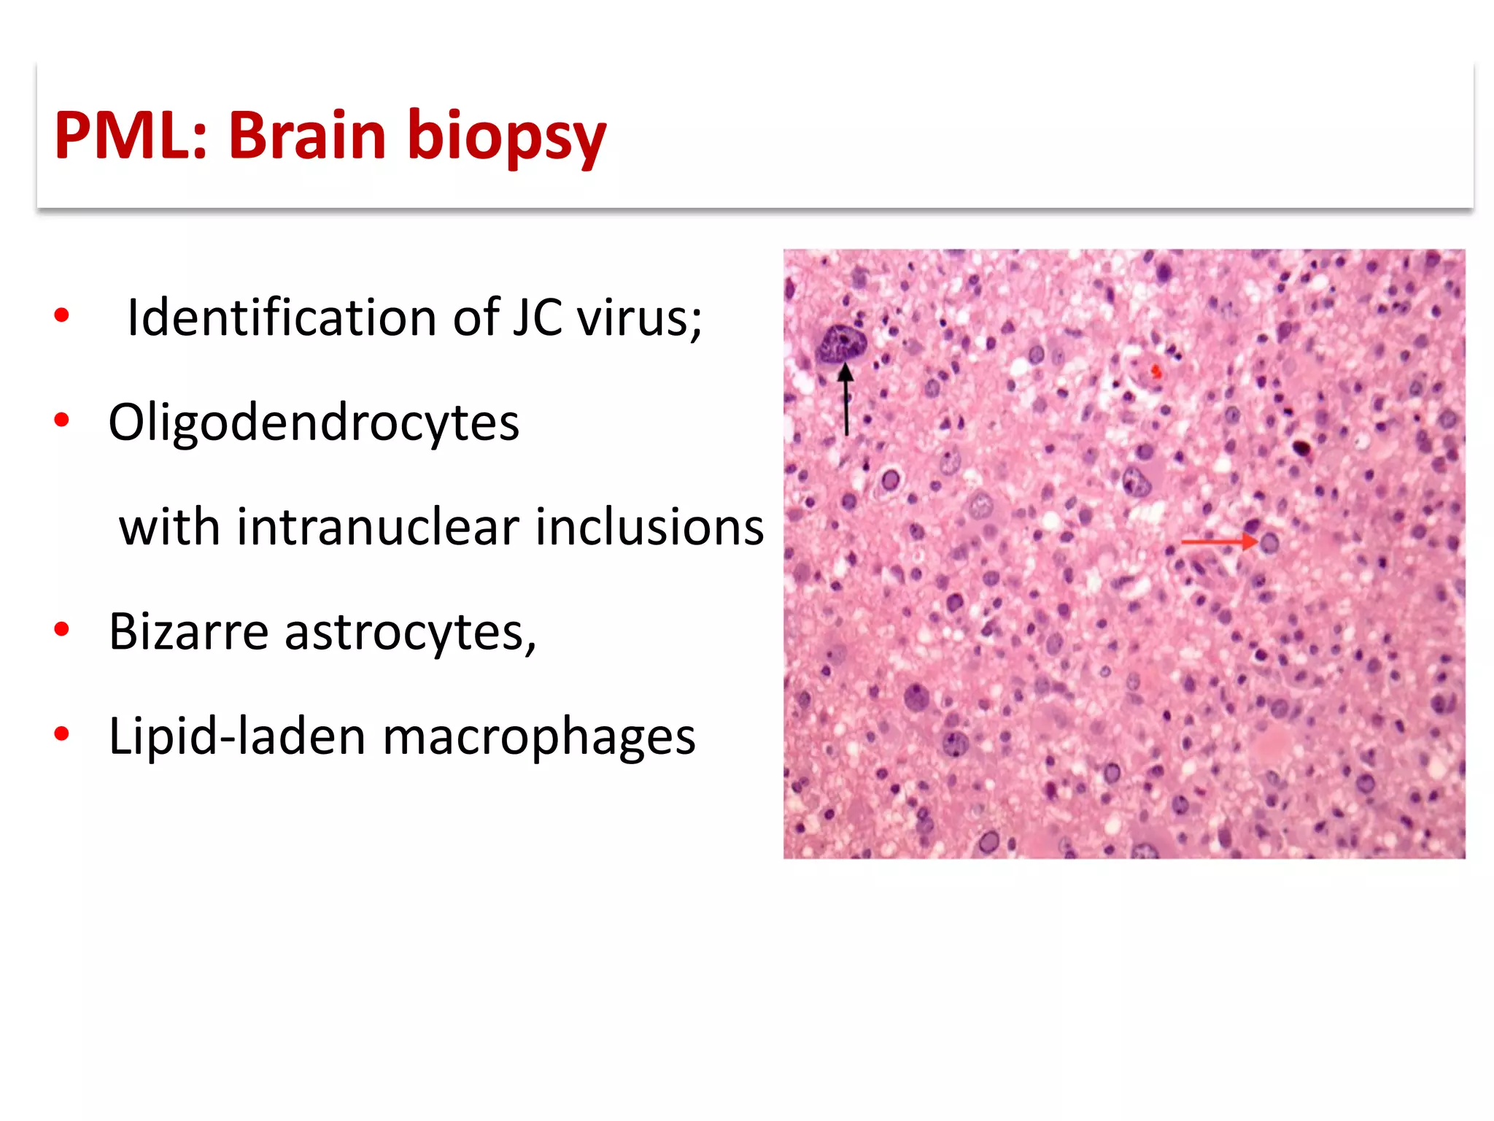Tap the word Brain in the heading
307,136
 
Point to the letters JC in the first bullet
537,318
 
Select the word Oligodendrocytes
314,423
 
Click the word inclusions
649,527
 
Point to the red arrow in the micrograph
1217,542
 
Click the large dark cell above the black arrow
841,344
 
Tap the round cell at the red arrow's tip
1270,543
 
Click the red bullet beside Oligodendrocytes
62,420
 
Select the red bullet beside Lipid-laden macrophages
62,733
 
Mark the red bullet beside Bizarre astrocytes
62,629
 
